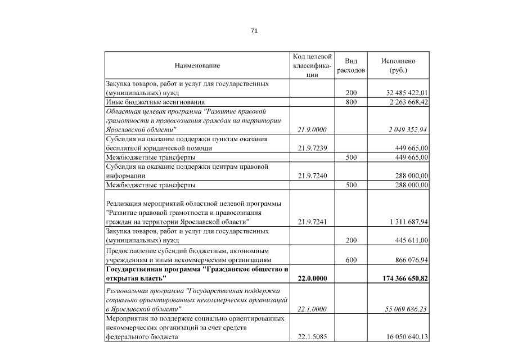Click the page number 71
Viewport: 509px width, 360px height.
tap(254, 30)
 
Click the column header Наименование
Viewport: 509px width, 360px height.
tap(197, 66)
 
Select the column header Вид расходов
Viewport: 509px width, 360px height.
tap(351, 66)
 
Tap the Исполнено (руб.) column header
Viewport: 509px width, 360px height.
tap(398, 66)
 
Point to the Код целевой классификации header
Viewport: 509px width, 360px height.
tap(312, 66)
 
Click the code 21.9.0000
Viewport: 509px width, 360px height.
tap(312, 129)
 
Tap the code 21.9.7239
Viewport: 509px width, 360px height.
tap(312, 148)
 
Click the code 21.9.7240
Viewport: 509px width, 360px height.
tap(312, 175)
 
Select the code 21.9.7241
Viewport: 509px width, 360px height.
tap(312, 222)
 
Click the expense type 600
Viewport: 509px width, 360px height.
tap(351, 260)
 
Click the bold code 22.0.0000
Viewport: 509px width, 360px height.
tap(312, 278)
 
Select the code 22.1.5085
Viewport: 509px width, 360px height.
tap(312, 337)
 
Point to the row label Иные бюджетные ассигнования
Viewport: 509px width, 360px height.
tap(145, 102)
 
